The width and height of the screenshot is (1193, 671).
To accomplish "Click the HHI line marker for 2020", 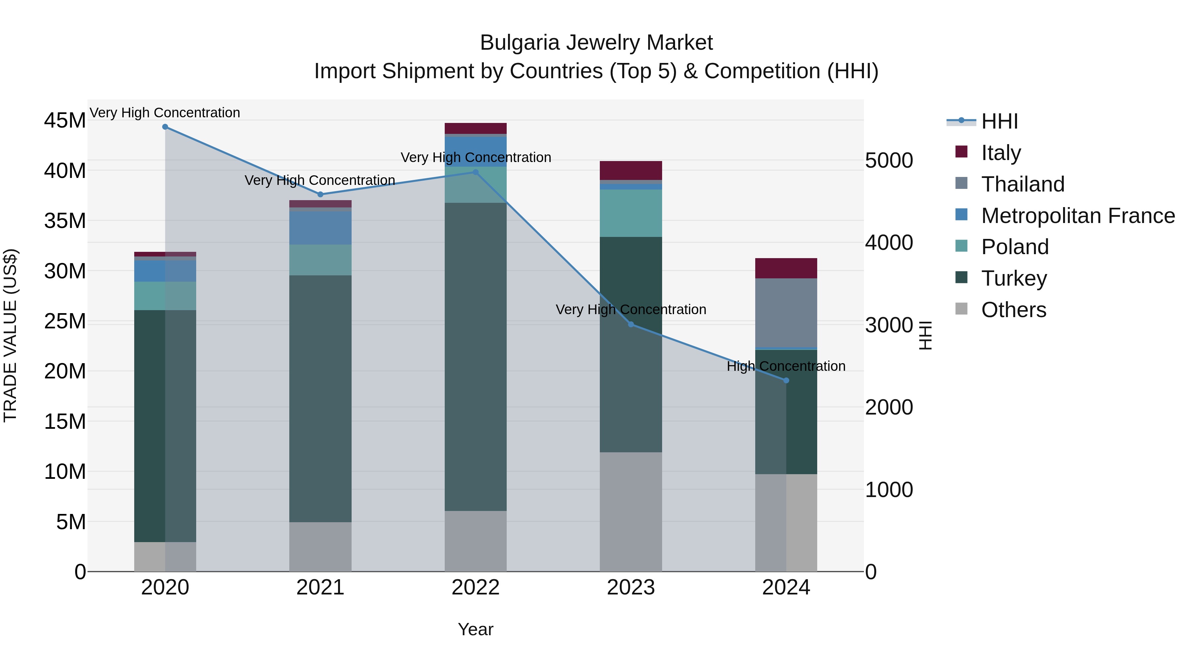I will point(165,127).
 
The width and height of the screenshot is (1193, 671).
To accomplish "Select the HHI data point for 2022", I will point(476,172).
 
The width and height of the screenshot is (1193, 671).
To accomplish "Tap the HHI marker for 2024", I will point(786,381).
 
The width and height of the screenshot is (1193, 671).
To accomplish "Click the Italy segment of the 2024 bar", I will point(786,268).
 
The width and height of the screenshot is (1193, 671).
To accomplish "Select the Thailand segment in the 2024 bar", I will point(786,312).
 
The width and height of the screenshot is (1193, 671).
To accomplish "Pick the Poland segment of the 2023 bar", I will point(631,213).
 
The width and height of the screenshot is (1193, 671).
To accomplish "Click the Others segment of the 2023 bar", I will point(631,512).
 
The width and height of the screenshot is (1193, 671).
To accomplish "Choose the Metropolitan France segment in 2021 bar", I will point(320,228).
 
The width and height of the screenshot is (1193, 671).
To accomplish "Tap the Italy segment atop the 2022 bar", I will point(476,128).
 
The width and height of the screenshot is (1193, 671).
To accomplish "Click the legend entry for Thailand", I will point(1023,184).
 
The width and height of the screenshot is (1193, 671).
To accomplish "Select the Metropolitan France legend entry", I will point(1078,216).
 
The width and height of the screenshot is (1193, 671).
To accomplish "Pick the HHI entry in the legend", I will point(999,121).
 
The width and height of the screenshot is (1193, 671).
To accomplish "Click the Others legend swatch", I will point(961,309).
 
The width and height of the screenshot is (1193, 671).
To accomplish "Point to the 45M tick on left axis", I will point(65,120).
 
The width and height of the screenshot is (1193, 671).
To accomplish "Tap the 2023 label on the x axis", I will point(631,587).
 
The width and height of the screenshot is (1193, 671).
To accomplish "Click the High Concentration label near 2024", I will point(786,366).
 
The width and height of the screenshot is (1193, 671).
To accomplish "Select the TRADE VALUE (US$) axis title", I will point(11,336).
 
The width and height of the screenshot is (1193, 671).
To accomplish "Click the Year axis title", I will point(476,629).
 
